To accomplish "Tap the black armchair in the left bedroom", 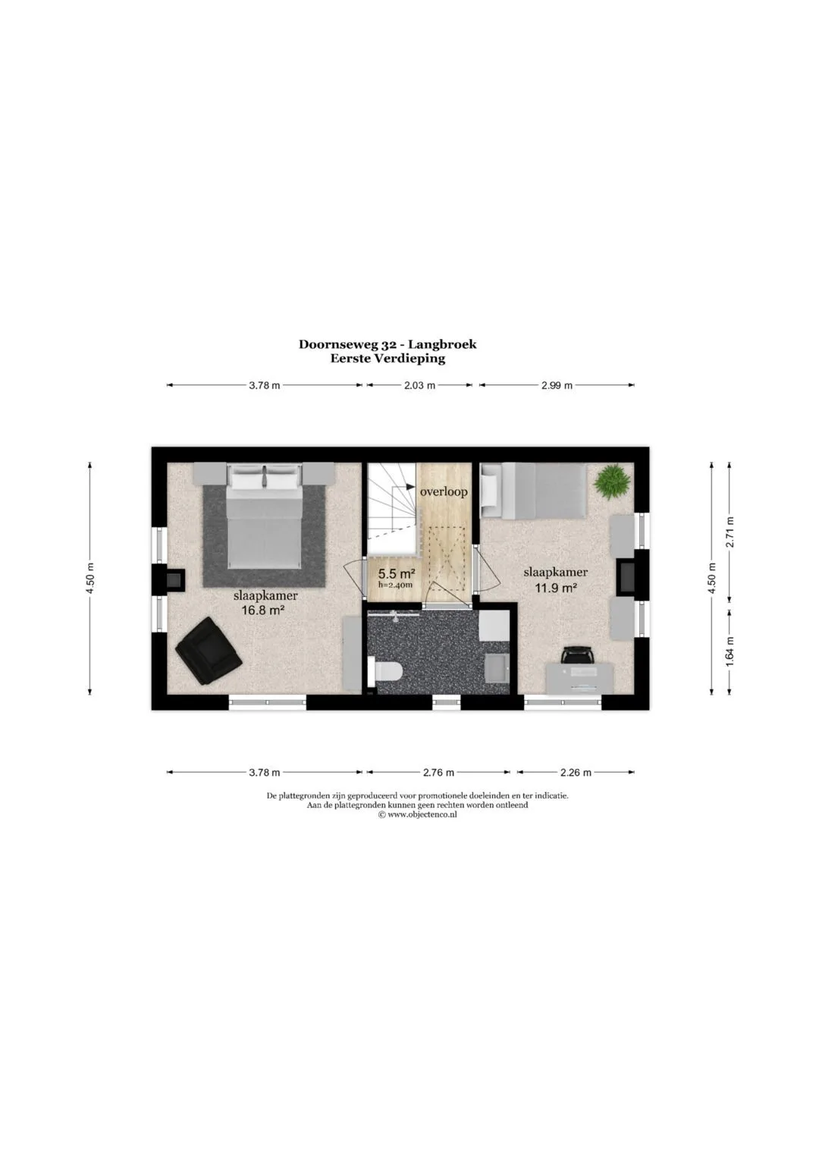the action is coord(209,651).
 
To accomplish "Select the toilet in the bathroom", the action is coord(385,672).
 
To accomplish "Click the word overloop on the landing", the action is coord(444,491).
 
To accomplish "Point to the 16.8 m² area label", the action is coord(264,610).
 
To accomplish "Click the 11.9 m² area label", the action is coord(555,587).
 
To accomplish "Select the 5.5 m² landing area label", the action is coord(397,573).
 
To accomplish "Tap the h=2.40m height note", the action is coord(395,585).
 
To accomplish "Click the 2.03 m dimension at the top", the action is coord(420,385).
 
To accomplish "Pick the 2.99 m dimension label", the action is coord(557,385).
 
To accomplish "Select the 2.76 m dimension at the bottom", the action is coord(438,772).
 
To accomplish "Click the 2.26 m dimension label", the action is coord(576,772).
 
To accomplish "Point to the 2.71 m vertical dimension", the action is coord(730,532).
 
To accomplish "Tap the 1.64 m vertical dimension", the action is coord(730,651).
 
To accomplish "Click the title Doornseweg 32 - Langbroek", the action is coord(388,344).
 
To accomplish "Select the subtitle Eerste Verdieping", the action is coord(388,359).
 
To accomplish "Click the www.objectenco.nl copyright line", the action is coord(417,814).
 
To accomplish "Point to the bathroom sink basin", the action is coord(498,667).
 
